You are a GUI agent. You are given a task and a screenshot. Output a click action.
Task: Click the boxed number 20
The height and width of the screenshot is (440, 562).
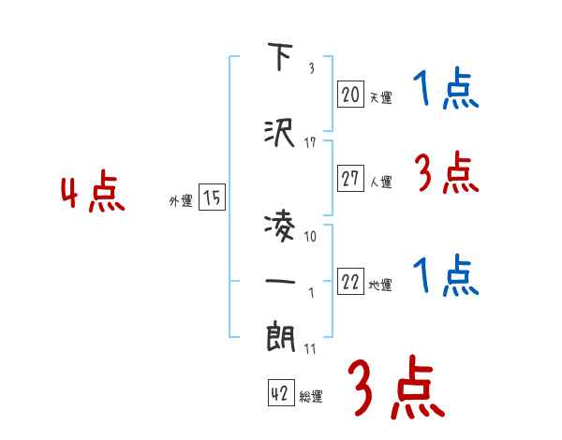[351, 94]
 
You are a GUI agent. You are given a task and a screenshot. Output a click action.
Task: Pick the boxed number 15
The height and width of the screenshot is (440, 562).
[212, 198]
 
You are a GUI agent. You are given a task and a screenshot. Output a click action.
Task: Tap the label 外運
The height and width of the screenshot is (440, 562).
[181, 201]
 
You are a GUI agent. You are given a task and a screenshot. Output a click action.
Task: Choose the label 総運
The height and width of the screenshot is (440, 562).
[311, 397]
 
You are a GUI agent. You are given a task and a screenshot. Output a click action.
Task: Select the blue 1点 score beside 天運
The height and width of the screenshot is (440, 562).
[446, 91]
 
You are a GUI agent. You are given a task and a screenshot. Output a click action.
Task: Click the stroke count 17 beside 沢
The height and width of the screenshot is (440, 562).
[311, 142]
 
